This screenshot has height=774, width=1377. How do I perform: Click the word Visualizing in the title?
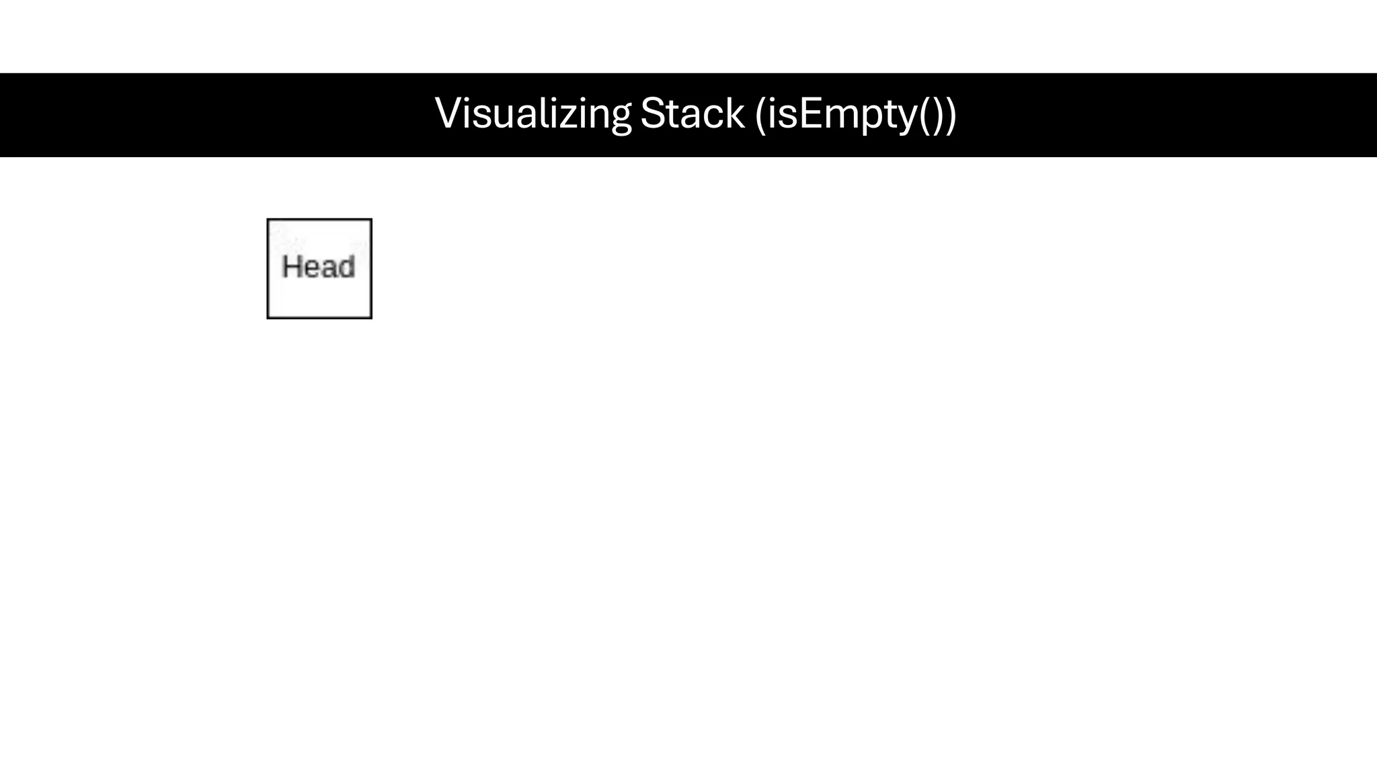(x=533, y=114)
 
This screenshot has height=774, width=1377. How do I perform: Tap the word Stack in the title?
(x=692, y=114)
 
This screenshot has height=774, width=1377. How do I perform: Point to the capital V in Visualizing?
(x=448, y=114)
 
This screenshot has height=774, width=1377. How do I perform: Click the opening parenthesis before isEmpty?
(x=760, y=115)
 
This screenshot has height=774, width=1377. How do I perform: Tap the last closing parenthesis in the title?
(x=949, y=115)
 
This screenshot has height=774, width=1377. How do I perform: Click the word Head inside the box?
(x=319, y=267)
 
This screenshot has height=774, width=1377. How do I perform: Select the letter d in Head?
(x=346, y=267)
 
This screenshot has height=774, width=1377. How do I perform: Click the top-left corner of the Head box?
(x=268, y=220)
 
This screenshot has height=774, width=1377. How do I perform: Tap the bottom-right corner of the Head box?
(x=370, y=317)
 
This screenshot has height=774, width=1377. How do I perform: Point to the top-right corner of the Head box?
(x=370, y=220)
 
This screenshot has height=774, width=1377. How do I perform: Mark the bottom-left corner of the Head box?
(x=268, y=317)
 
